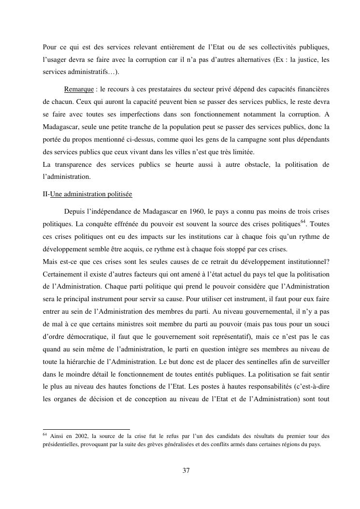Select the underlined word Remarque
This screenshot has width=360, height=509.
point(79,89)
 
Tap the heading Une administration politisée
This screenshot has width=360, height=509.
point(91,194)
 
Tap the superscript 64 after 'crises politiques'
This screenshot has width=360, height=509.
point(303,222)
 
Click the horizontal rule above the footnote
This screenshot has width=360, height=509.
point(86,429)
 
